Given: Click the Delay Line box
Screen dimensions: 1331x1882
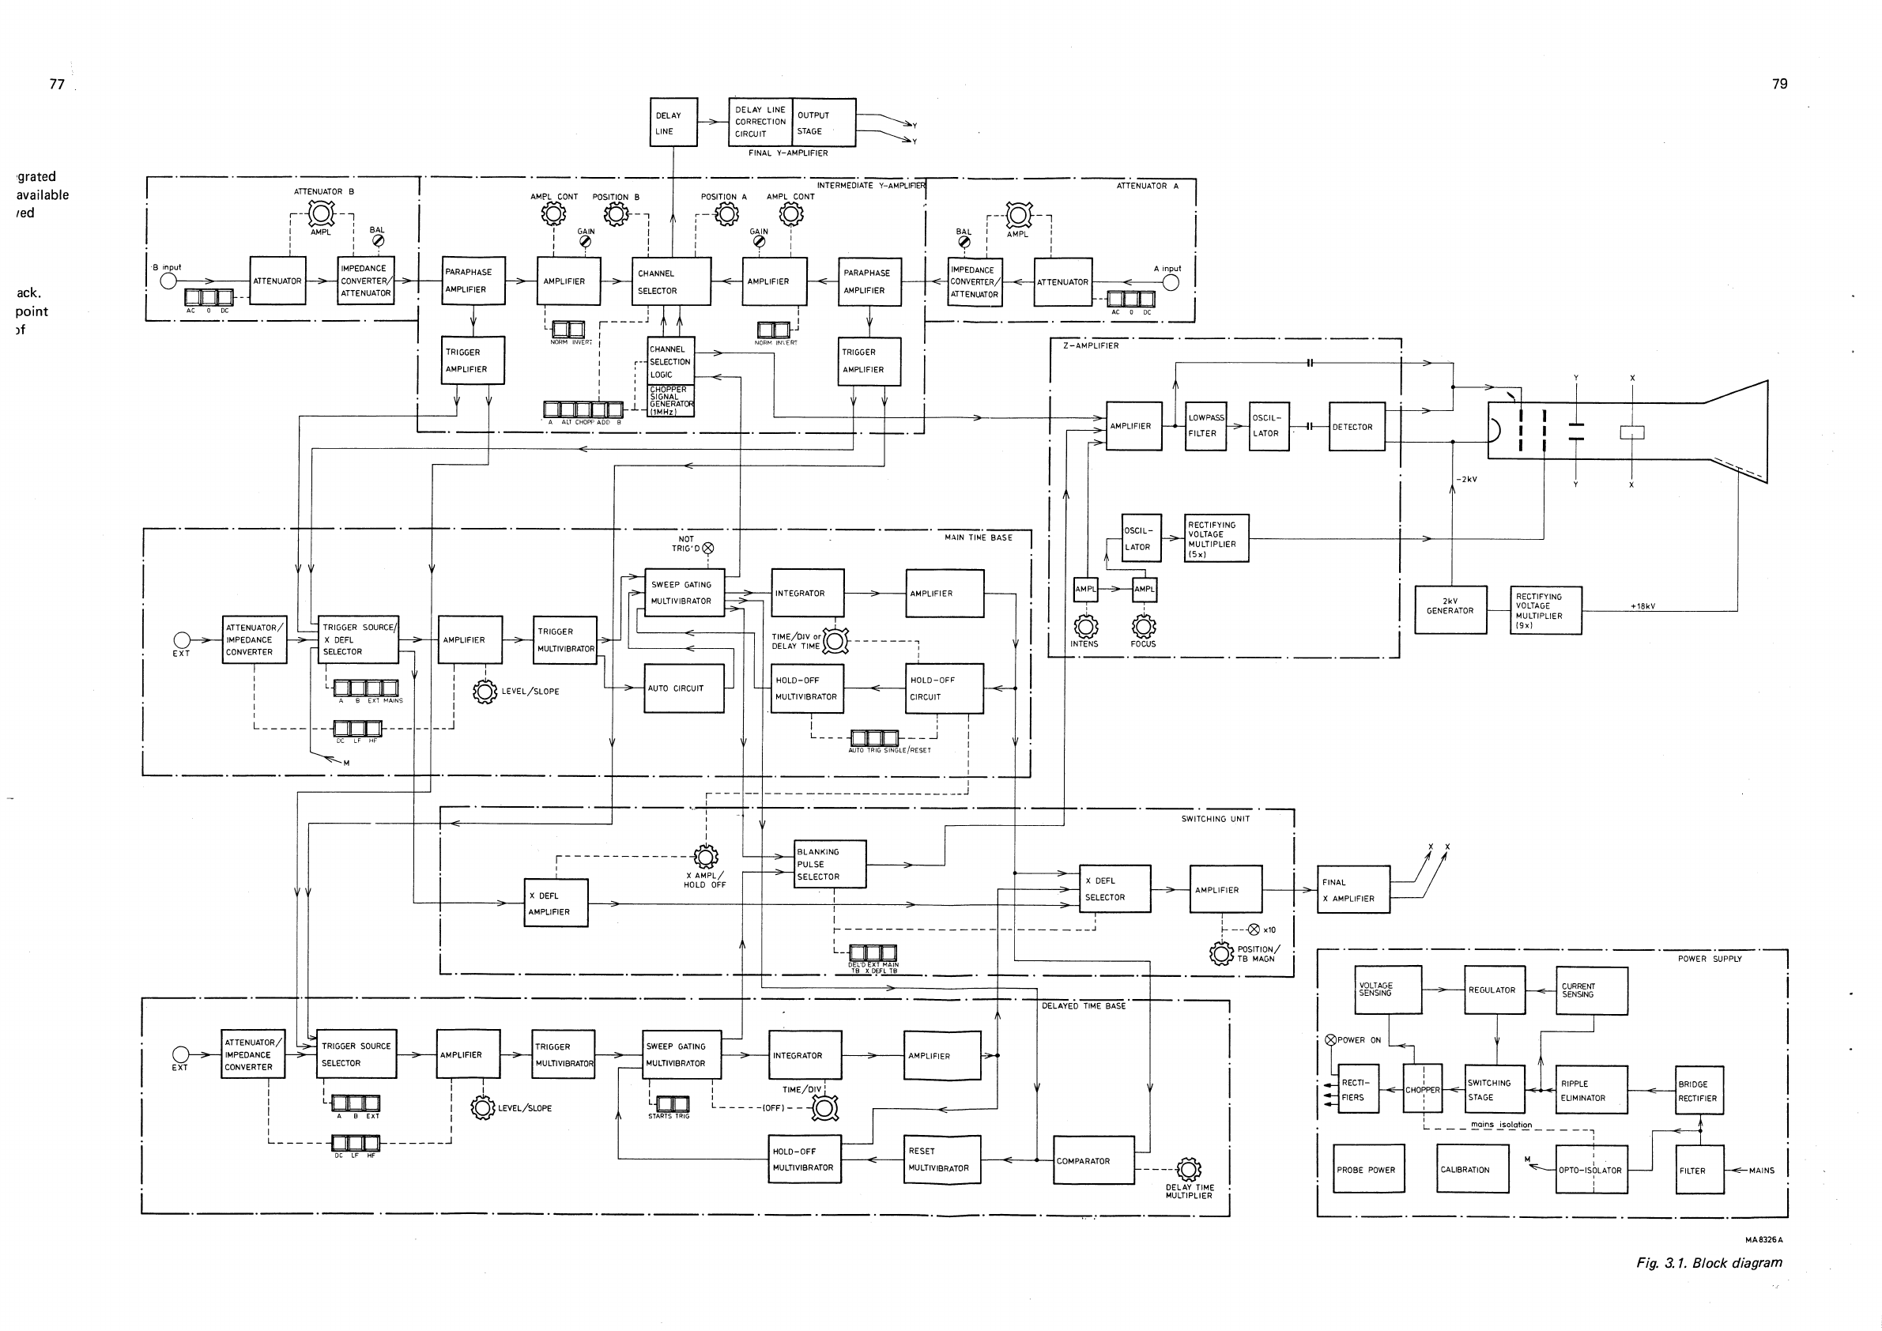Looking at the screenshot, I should (x=673, y=123).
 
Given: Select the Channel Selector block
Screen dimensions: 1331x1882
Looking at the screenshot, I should (x=671, y=282).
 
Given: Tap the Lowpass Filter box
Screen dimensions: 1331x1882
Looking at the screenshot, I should (x=1205, y=426).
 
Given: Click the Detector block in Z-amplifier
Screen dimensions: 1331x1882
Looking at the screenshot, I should (x=1356, y=426).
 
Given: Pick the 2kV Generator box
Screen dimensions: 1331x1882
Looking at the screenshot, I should (x=1450, y=609).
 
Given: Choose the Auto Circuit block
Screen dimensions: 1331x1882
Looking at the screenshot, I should (x=685, y=688).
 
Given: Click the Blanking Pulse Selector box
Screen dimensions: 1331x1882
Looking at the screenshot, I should (x=829, y=864).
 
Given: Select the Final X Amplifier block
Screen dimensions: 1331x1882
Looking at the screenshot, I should (x=1353, y=890).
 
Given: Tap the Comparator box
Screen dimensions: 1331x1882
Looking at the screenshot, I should (x=1093, y=1160).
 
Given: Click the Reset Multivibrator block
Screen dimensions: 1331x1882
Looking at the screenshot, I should (x=941, y=1159).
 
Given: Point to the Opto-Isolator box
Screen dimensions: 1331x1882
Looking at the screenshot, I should (x=1591, y=1170).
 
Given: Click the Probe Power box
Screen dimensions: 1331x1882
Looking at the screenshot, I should (x=1368, y=1170).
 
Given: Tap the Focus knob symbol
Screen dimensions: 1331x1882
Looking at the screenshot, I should (x=1144, y=627).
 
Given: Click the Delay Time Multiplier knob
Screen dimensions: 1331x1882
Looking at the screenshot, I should (x=1189, y=1170).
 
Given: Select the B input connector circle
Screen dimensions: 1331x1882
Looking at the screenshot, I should (x=168, y=281).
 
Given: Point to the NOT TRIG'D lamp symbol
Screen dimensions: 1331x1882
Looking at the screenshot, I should (x=708, y=549).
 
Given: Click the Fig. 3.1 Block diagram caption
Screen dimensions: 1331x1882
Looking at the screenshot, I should (x=1708, y=1263).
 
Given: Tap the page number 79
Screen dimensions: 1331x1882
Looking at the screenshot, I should (x=1779, y=84).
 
